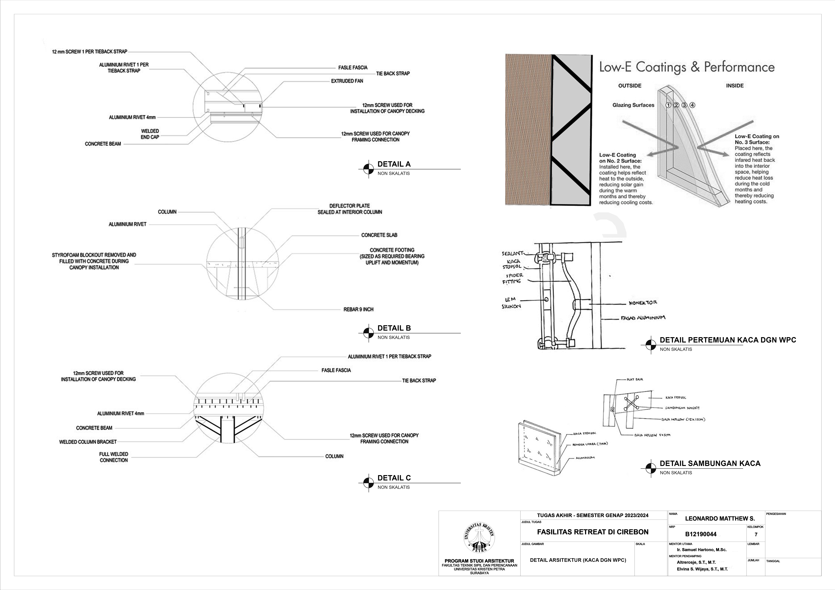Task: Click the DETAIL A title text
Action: coord(394,164)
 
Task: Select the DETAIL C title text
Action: coord(394,478)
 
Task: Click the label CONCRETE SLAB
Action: coord(379,235)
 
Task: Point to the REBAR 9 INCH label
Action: coord(358,309)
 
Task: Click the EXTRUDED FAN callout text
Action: coord(347,81)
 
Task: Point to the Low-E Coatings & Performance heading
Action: coord(687,67)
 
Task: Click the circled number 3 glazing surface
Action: coord(684,105)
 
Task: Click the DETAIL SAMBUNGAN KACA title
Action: coord(710,463)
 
